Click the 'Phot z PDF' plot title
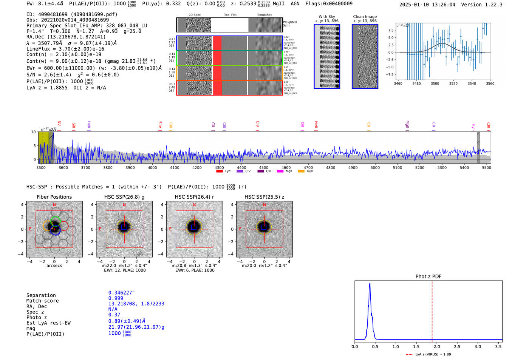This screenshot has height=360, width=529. (x=428, y=276)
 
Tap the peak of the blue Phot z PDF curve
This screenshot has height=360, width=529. (x=370, y=284)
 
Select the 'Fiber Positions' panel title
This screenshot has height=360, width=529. (x=54, y=197)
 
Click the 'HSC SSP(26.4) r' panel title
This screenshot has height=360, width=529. (x=194, y=197)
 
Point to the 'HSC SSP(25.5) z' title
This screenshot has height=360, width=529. (x=264, y=197)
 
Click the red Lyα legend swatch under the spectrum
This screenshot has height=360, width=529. (x=219, y=171)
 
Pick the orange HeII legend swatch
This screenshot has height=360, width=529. (x=301, y=171)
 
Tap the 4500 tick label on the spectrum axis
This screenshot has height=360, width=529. (x=264, y=167)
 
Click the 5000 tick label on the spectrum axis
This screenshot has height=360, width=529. (x=375, y=167)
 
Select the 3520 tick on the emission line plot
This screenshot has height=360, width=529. (x=453, y=83)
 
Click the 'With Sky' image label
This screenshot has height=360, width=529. (x=327, y=17)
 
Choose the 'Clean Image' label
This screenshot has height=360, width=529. (x=365, y=17)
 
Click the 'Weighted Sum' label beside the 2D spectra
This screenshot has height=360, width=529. (x=289, y=23)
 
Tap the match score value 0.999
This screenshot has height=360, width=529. (x=116, y=298)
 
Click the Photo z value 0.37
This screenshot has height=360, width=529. (x=114, y=315)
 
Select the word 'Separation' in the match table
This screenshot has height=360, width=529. (x=41, y=295)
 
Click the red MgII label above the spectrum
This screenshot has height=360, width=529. (x=407, y=124)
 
